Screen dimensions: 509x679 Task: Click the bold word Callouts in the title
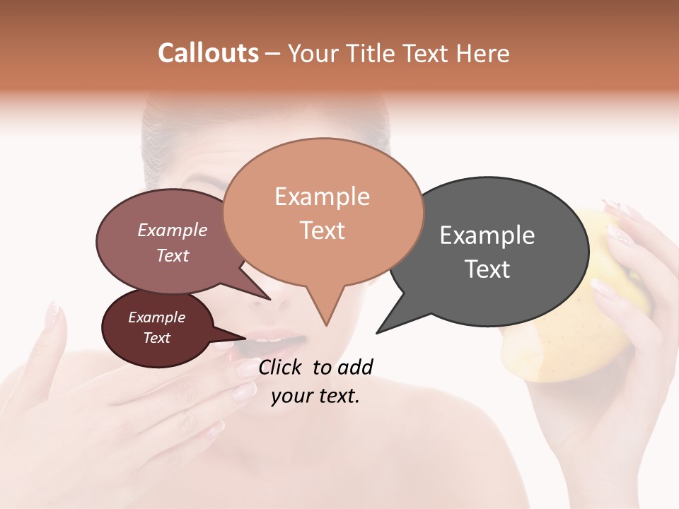208,54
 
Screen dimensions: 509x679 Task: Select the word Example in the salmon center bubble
322,197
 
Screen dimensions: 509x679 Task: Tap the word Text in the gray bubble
487,269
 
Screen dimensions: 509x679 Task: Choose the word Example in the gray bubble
487,235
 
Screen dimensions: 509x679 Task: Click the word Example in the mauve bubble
173,230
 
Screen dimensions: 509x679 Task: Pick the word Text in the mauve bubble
173,255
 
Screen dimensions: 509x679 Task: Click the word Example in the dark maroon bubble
156,317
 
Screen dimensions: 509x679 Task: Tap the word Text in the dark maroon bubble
156,338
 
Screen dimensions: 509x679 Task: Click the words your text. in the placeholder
315,396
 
